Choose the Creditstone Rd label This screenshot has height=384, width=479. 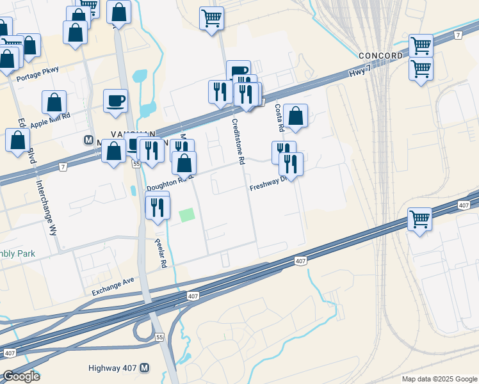click(239, 141)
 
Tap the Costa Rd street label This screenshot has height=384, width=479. click(279, 118)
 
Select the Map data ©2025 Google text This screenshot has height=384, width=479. click(439, 379)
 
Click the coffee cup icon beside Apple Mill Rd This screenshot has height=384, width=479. click(115, 101)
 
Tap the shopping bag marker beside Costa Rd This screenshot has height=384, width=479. click(296, 116)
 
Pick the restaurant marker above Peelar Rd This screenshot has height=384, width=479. click(157, 206)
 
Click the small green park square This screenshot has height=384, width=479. click(186, 216)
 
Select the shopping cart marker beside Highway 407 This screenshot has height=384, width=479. click(420, 219)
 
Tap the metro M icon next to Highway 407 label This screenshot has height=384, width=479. click(145, 368)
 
